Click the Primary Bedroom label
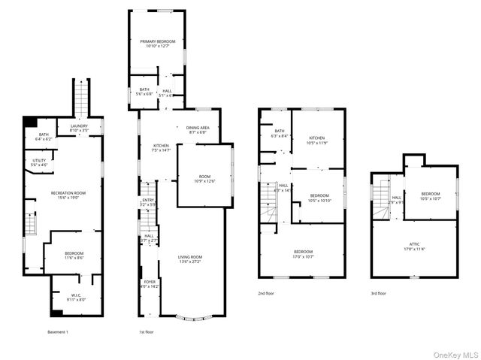pos(159,44)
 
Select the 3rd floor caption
pos(379,293)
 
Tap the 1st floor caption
pos(146,331)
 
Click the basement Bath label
pos(44,137)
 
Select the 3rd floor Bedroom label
pos(430,195)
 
